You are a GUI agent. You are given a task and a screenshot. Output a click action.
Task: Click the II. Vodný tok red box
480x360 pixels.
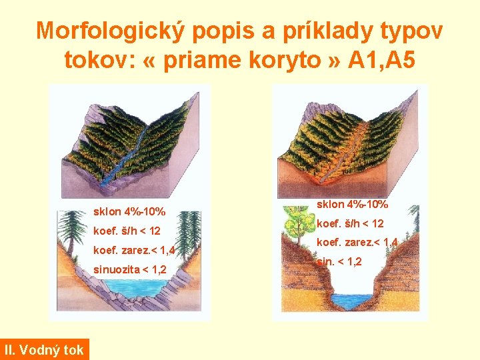[x=44, y=349]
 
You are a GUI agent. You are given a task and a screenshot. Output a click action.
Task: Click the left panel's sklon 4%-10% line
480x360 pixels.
[x=130, y=213]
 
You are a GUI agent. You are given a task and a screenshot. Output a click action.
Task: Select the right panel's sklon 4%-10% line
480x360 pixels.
[x=353, y=205]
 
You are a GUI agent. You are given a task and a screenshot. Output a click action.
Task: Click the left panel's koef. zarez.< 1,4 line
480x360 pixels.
[x=134, y=251]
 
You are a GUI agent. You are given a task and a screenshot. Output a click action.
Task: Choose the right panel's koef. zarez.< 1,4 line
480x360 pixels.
[x=357, y=243]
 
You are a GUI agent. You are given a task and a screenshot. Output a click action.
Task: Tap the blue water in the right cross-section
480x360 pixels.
[x=349, y=301]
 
